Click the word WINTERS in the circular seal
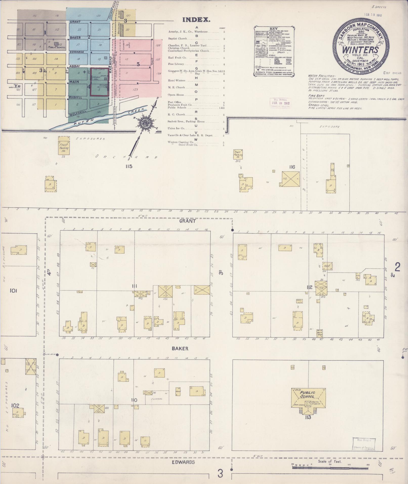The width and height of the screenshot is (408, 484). [x=360, y=49]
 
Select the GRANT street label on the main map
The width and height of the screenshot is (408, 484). [x=187, y=221]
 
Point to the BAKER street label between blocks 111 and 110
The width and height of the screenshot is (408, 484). [x=180, y=348]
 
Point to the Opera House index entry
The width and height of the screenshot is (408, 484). [x=176, y=95]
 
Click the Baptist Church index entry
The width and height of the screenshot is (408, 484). [x=177, y=39]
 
